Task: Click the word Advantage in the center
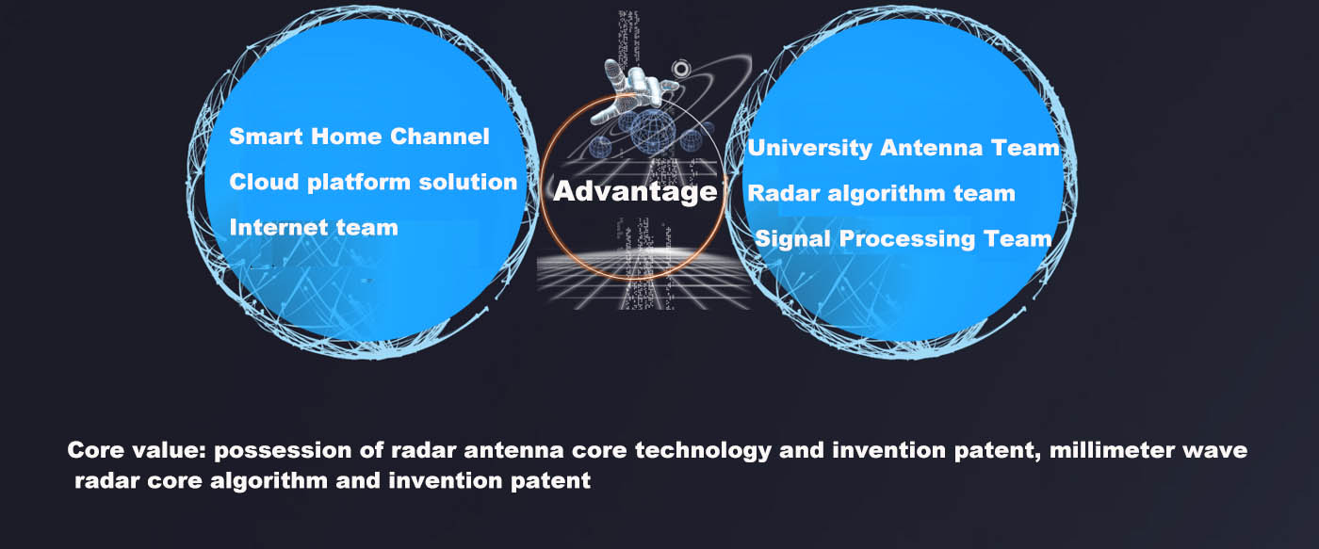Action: [x=635, y=191]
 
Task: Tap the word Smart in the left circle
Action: [x=266, y=137]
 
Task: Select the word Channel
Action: [x=439, y=137]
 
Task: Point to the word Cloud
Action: [x=265, y=182]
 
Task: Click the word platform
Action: [x=359, y=183]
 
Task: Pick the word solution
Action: [x=467, y=182]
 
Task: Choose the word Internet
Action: [x=274, y=228]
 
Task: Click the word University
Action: [x=809, y=148]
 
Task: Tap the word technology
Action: [x=703, y=451]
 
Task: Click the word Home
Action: [x=347, y=137]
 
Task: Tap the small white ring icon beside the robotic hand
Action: [x=681, y=69]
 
